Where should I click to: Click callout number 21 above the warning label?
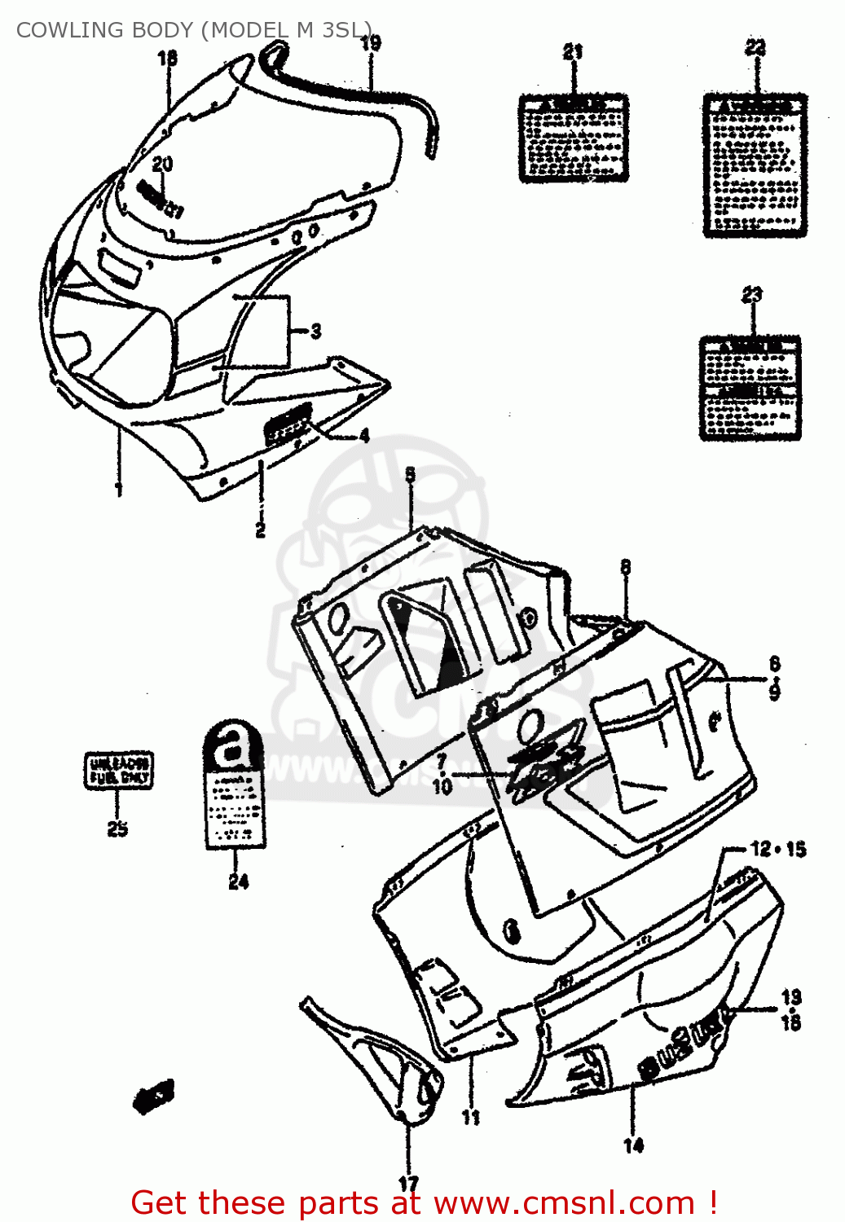[x=573, y=52]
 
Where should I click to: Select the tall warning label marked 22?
[x=755, y=166]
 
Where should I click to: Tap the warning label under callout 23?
[x=750, y=389]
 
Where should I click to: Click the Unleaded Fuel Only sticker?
[x=119, y=771]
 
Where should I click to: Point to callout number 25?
[x=117, y=829]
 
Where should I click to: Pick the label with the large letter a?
[x=234, y=785]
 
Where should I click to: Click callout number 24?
[x=238, y=881]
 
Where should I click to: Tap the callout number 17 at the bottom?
[x=408, y=1184]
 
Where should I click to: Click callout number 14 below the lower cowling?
[x=633, y=1145]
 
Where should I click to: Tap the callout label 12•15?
[x=777, y=849]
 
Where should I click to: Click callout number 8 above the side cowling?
[x=625, y=567]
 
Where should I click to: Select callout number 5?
[x=410, y=474]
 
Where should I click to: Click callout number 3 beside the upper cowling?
[x=315, y=331]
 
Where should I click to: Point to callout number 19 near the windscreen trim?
[x=371, y=43]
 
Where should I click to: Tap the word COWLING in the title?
[x=62, y=30]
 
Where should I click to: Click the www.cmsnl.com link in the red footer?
[x=563, y=1202]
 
